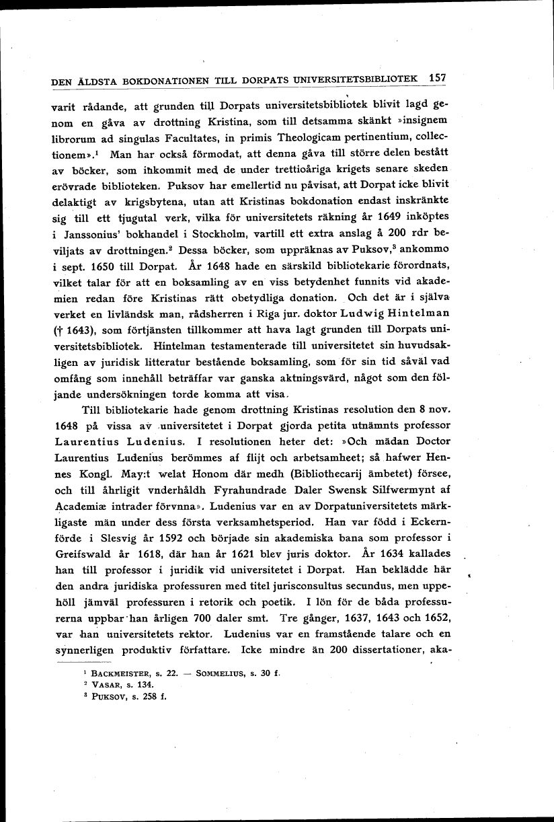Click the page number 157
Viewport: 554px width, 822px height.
point(437,77)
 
